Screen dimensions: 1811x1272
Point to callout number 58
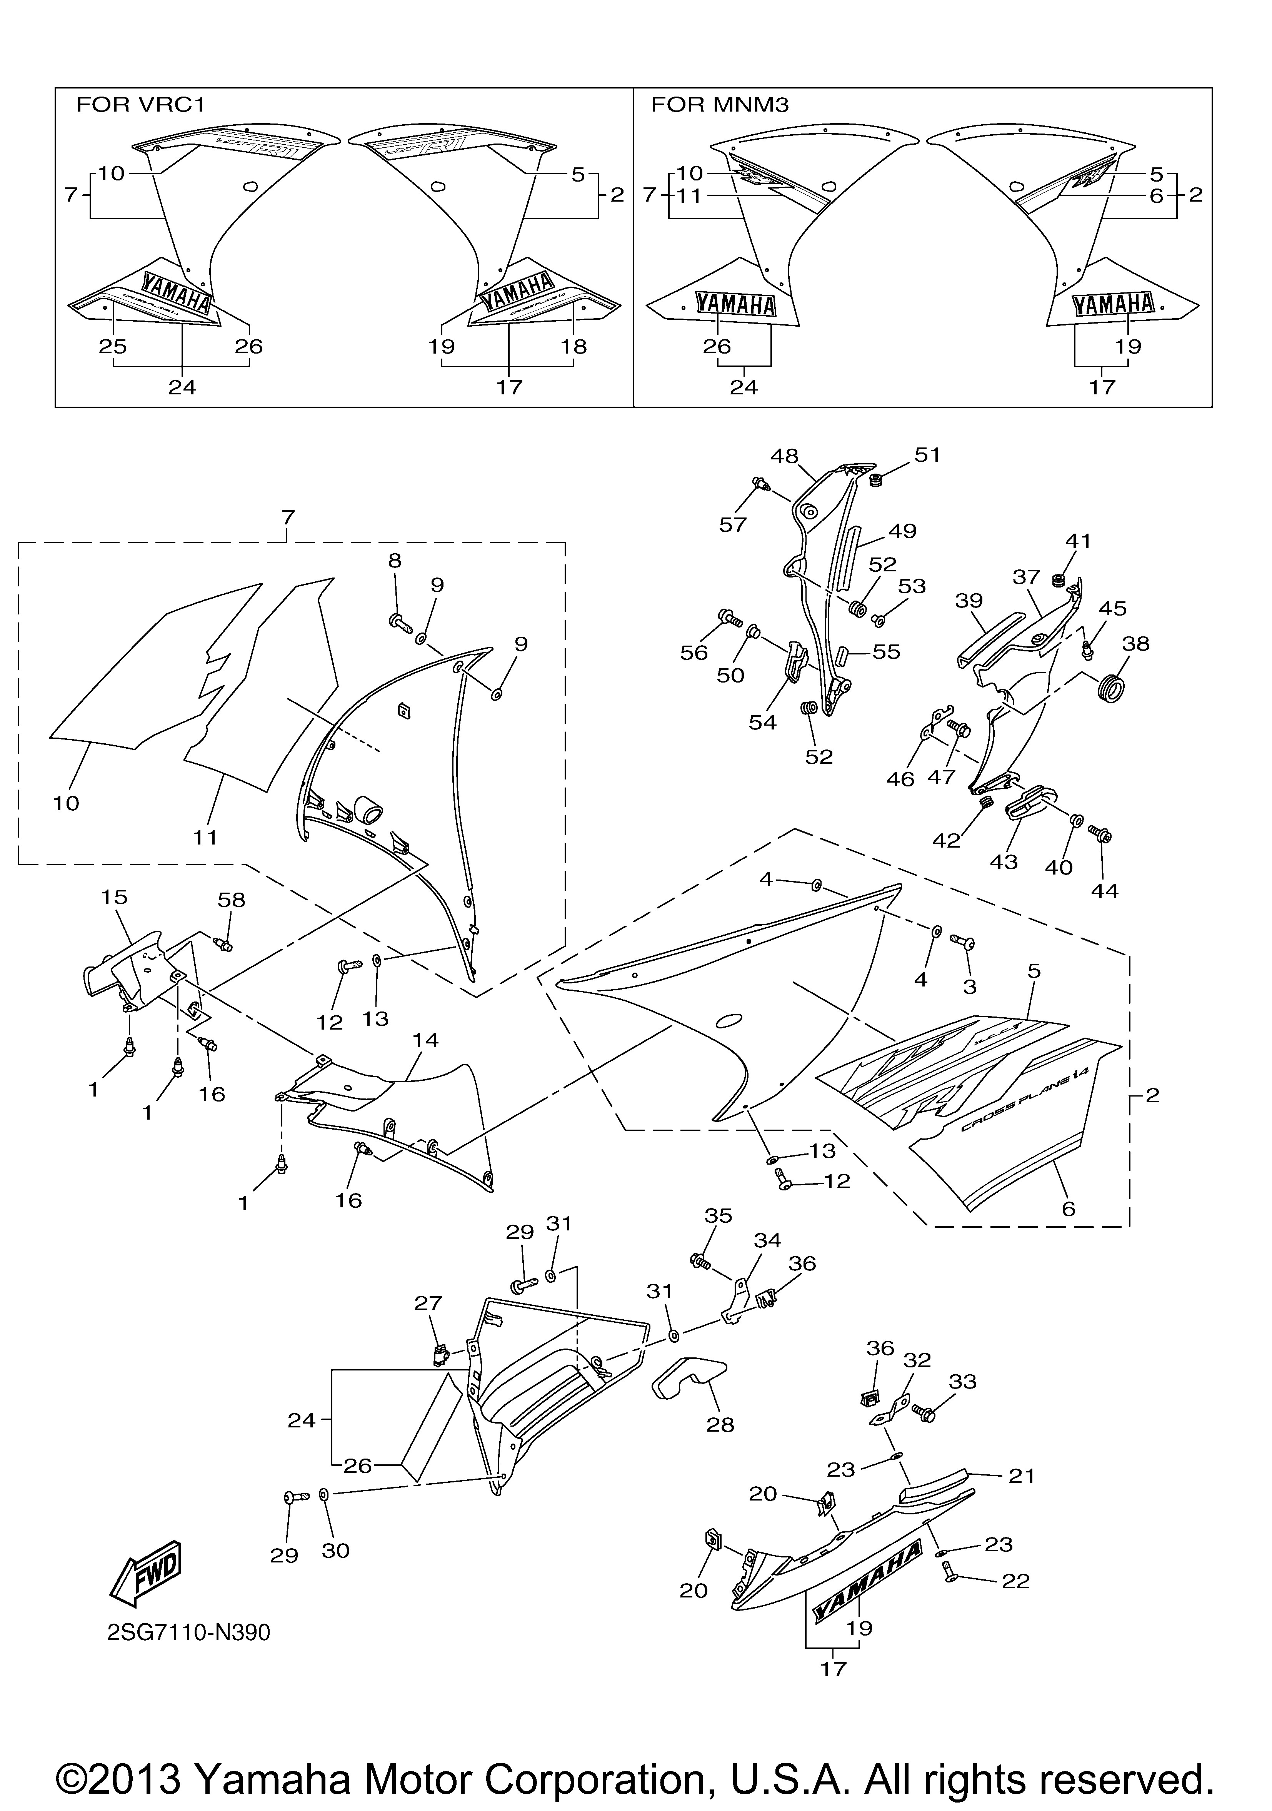tap(231, 900)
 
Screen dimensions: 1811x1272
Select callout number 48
tap(785, 456)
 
